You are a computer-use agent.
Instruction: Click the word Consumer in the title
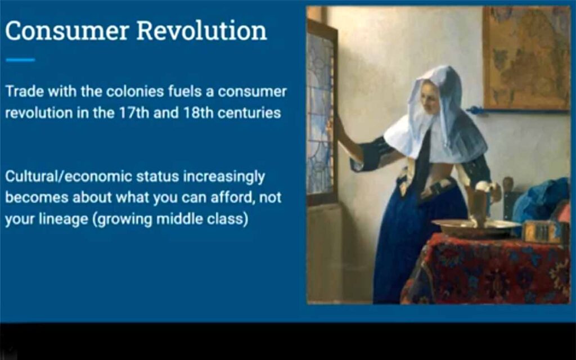coord(66,30)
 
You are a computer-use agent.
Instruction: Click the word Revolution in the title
coord(202,30)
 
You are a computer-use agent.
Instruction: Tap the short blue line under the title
coord(20,60)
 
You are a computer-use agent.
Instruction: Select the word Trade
coord(25,91)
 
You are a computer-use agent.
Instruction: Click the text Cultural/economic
coord(68,177)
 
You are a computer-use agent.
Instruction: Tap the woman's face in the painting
coord(430,97)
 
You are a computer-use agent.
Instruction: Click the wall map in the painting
coord(526,58)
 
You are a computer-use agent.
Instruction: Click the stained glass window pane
coord(320,114)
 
